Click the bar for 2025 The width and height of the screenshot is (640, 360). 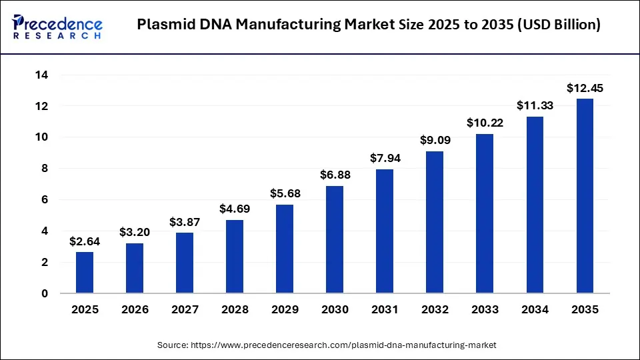point(85,272)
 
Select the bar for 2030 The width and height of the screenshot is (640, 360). point(335,239)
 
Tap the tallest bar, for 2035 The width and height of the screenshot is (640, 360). point(585,196)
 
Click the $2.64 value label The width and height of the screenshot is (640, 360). point(85,241)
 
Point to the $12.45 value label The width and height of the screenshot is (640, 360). point(585,88)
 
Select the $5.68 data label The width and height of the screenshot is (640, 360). point(285,194)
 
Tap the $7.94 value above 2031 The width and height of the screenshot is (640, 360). point(385,159)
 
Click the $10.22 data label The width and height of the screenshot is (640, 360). point(485,123)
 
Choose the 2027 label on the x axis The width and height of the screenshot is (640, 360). point(185,310)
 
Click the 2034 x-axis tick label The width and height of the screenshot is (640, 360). point(535,310)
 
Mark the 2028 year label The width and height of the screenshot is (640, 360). point(235,310)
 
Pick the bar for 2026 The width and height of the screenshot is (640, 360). point(135,268)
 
